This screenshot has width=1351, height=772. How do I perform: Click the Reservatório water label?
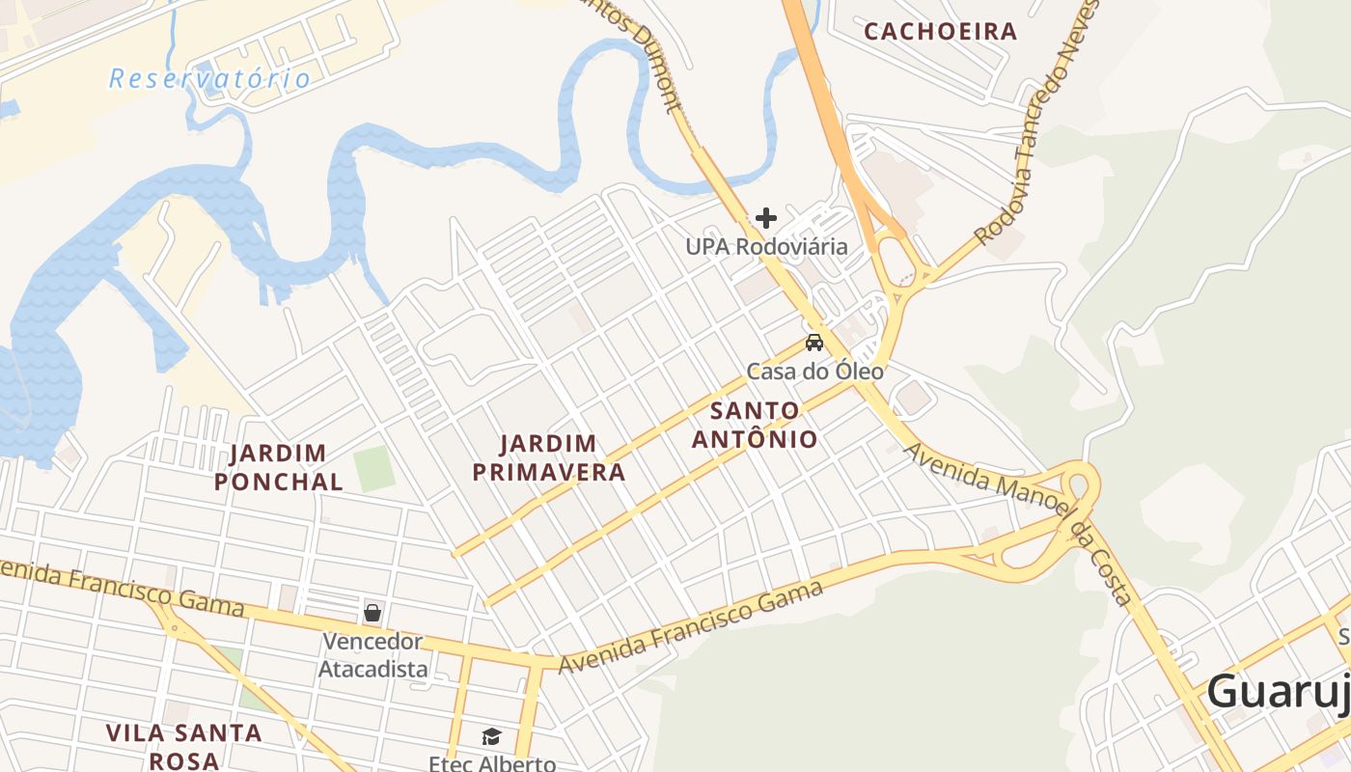tap(209, 78)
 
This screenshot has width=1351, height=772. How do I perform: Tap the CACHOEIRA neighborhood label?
tap(940, 31)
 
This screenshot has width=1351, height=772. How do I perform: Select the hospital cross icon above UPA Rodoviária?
tap(766, 218)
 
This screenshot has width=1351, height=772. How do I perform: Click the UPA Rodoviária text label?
tap(766, 247)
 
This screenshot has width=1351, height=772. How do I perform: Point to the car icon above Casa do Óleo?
tap(814, 343)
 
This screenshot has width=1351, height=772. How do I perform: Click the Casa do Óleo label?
tap(814, 371)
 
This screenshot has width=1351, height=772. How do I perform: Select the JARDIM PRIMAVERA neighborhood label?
tap(562, 457)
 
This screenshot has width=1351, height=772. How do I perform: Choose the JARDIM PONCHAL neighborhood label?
tap(278, 467)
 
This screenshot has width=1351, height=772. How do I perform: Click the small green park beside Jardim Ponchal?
tap(374, 468)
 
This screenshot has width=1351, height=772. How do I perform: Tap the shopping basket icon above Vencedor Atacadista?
tap(372, 613)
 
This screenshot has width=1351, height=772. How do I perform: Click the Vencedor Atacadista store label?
tap(372, 654)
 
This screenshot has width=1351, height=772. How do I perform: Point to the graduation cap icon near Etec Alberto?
tap(492, 737)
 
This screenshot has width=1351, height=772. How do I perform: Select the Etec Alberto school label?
tap(492, 762)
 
